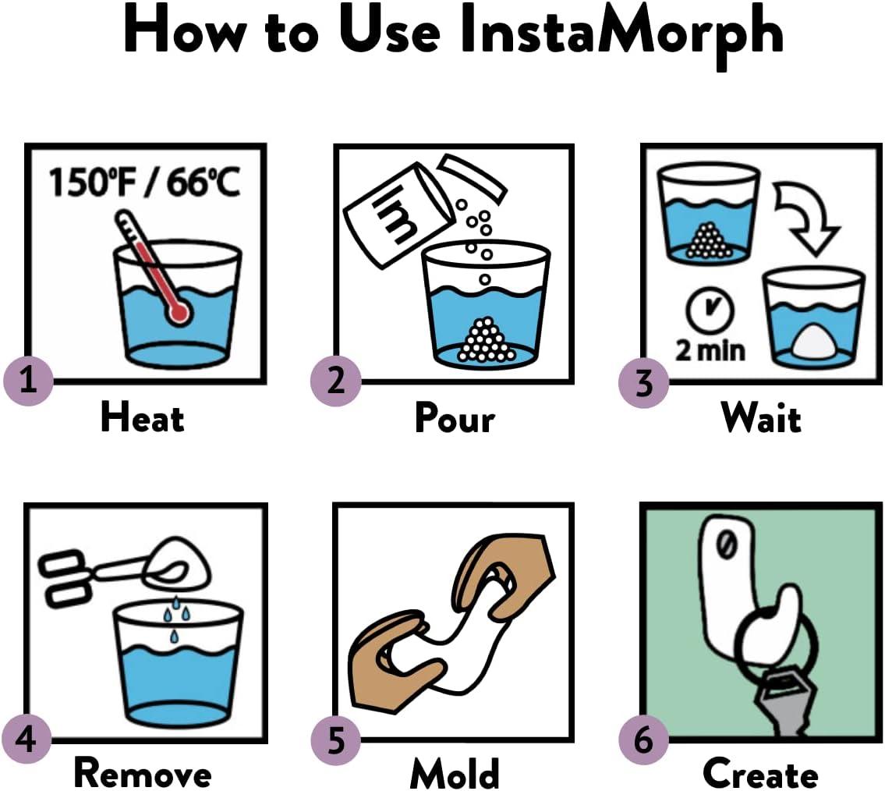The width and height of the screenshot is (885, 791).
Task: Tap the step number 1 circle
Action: click(x=28, y=381)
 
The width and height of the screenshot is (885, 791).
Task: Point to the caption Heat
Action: click(x=142, y=418)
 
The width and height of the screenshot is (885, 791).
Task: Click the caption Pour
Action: click(x=455, y=419)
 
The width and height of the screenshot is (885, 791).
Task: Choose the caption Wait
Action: click(x=761, y=419)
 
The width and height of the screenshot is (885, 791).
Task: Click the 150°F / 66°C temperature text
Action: click(x=144, y=184)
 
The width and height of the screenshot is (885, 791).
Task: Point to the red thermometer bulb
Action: click(x=179, y=313)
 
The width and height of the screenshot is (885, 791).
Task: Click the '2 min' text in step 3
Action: click(x=710, y=349)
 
